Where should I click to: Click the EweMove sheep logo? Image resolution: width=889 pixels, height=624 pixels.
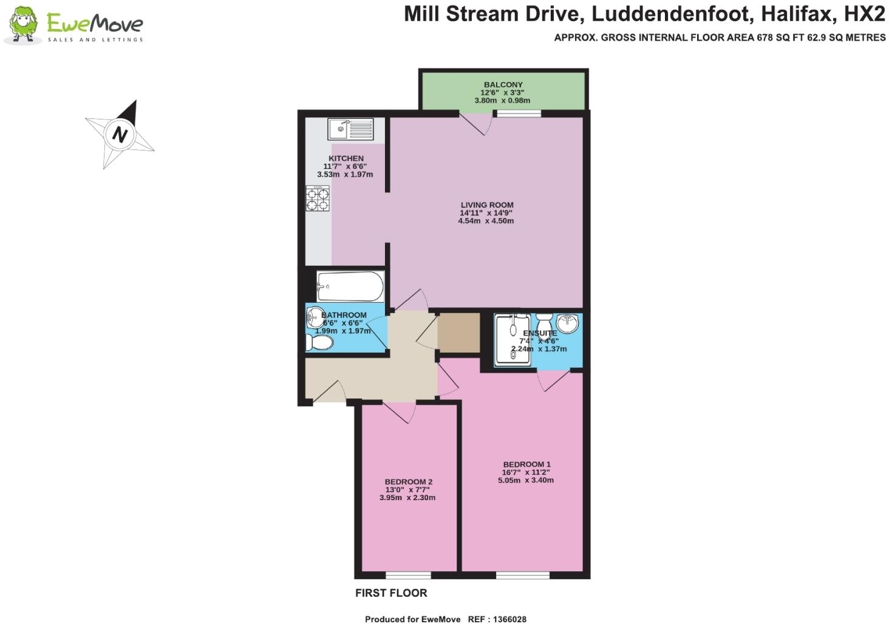(23, 26)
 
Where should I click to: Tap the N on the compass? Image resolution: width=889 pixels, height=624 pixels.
(120, 134)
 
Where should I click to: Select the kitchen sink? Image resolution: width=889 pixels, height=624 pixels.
(350, 129)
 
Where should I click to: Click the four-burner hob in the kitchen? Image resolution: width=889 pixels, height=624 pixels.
(318, 198)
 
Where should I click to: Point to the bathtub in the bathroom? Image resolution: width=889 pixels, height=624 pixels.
(350, 286)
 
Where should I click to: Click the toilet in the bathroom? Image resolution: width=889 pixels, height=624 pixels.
(319, 344)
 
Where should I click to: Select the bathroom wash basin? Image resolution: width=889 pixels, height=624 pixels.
(315, 317)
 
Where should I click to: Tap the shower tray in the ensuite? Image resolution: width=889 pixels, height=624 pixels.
(513, 340)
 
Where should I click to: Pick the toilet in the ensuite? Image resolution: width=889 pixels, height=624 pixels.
(543, 324)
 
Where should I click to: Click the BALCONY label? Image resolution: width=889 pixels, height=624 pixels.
(503, 84)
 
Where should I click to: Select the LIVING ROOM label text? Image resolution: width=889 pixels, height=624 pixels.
(486, 205)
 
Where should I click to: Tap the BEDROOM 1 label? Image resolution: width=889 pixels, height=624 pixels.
(526, 464)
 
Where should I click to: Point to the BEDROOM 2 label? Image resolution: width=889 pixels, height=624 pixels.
(408, 482)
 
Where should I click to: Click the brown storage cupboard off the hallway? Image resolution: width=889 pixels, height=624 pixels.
(458, 333)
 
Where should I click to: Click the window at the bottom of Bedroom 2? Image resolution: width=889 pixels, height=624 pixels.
(408, 575)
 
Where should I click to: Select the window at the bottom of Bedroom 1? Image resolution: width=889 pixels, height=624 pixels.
(523, 575)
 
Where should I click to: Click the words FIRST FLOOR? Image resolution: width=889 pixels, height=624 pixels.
(391, 593)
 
